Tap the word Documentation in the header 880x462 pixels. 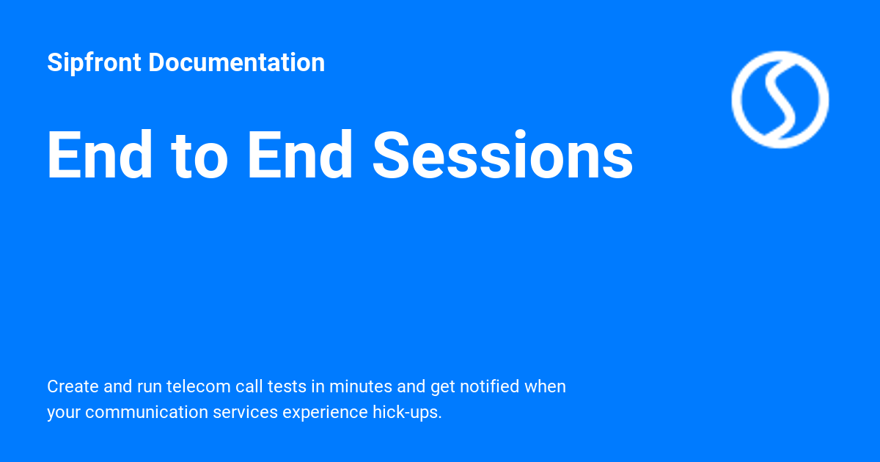pos(236,63)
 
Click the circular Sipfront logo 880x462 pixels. pos(780,99)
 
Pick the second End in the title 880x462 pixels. pos(300,155)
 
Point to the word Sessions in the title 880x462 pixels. pos(502,155)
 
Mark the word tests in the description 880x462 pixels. pos(287,386)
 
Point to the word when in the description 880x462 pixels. pos(545,386)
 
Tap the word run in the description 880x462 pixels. pos(149,386)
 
